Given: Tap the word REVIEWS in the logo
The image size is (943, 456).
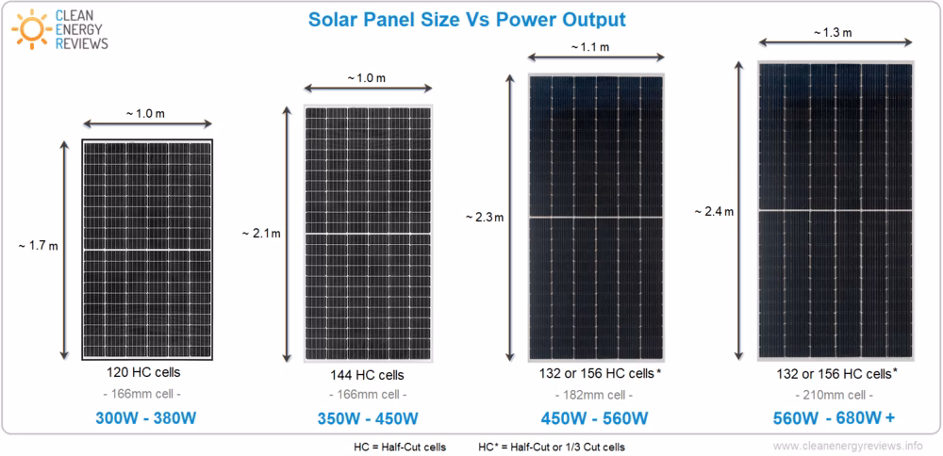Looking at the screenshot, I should coord(82,43).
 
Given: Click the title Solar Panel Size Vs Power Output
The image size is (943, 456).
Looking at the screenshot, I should coord(468,19).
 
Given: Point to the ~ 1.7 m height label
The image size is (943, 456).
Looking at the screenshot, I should coord(38,247).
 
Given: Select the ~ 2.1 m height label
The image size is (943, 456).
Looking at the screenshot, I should coord(261,233).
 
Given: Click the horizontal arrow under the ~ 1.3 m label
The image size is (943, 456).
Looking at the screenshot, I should coord(836,42).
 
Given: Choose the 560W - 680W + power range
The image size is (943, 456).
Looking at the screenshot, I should coord(835,418).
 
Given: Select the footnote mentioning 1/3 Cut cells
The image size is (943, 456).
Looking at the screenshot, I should coord(552,446).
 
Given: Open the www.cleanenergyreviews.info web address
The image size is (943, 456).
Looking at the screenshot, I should coord(848,446).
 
